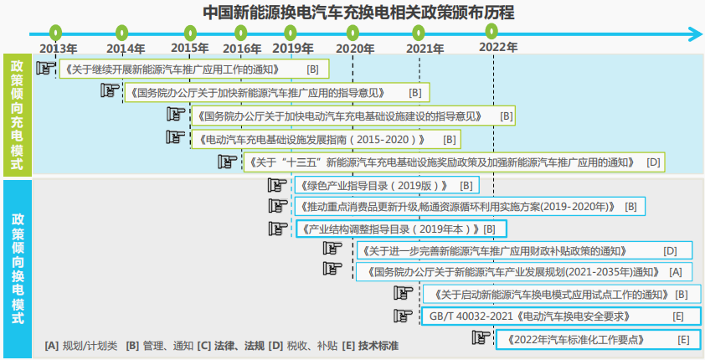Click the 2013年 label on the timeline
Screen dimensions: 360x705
click(59, 49)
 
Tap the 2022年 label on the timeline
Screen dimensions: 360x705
click(498, 47)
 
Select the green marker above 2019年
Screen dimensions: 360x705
click(292, 33)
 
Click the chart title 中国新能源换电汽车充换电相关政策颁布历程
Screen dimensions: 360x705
click(358, 12)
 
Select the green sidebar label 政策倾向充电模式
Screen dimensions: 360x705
click(18, 115)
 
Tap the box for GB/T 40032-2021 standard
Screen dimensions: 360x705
click(555, 316)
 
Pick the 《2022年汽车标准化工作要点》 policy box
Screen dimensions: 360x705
click(593, 340)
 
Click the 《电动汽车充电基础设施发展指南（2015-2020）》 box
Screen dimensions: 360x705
click(326, 139)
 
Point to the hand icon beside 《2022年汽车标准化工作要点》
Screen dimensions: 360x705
click(481, 337)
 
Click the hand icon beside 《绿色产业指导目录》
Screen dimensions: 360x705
click(277, 184)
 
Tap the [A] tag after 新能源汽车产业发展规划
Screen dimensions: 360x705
click(676, 272)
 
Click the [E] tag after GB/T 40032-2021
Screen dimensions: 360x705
click(678, 316)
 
